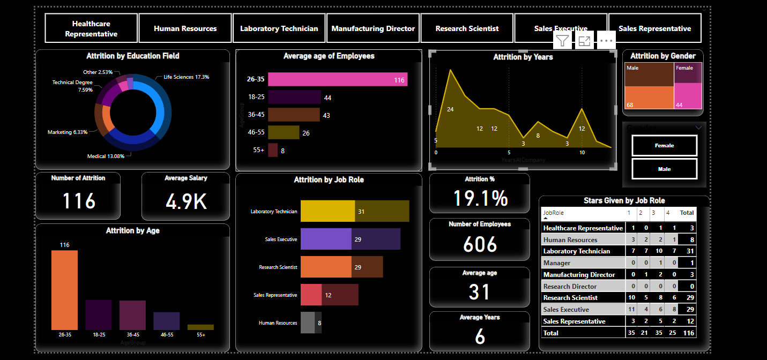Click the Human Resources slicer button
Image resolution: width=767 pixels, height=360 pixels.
tap(185, 28)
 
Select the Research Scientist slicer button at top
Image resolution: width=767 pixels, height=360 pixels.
tap(467, 28)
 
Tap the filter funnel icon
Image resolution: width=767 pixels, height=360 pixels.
tap(562, 41)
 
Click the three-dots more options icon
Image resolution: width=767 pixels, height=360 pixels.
tap(606, 41)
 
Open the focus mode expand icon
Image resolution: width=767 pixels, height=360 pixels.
tap(584, 41)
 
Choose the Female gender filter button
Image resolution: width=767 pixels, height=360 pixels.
tap(664, 145)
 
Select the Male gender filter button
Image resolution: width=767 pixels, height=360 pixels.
tap(664, 169)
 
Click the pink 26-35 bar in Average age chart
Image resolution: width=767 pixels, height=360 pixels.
tap(337, 80)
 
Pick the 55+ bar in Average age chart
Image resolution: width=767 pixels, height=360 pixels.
tap(273, 151)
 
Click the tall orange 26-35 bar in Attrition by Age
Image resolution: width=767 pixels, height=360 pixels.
tap(64, 290)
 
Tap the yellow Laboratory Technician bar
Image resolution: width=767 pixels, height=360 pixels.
tap(327, 211)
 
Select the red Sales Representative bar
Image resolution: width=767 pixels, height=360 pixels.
tap(311, 295)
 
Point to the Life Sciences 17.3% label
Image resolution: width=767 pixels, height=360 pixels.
tap(186, 77)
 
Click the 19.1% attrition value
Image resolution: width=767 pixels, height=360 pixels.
tap(480, 198)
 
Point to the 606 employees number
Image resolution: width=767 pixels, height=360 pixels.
tap(480, 244)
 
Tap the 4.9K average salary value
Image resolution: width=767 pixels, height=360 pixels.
tap(186, 201)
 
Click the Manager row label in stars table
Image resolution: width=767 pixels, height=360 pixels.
tap(557, 263)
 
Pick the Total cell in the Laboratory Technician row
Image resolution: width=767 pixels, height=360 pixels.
tap(687, 251)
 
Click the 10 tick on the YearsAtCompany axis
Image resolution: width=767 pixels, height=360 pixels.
tap(582, 153)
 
